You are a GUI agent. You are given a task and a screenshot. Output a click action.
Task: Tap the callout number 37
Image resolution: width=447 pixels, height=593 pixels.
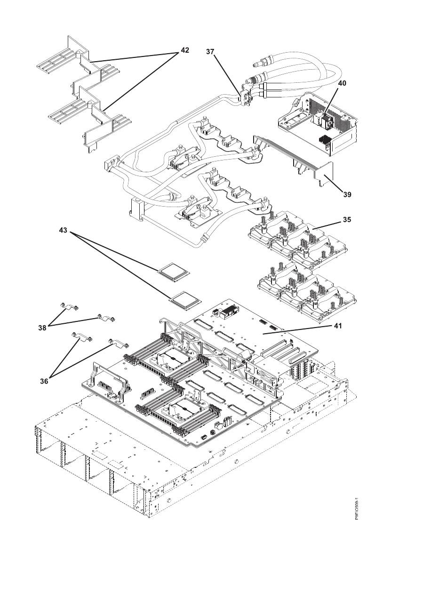click(210, 51)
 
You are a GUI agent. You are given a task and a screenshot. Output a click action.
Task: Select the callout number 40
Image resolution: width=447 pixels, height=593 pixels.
click(342, 83)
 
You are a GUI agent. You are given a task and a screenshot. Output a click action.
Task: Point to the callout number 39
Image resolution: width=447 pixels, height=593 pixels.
click(347, 193)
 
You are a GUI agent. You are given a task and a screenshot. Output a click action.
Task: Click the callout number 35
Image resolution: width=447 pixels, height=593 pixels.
click(347, 219)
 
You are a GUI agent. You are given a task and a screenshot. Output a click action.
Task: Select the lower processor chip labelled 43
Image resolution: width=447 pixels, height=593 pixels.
click(184, 299)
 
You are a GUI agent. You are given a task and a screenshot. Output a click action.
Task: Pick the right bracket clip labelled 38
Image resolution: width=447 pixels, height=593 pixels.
click(106, 318)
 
